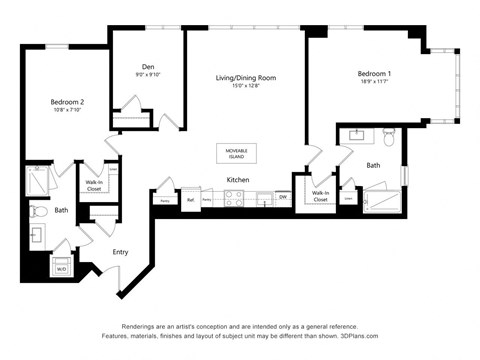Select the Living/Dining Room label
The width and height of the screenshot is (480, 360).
(x=246, y=77)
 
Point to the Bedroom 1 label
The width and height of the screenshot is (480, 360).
(x=376, y=74)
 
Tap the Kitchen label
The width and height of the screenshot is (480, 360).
(x=237, y=180)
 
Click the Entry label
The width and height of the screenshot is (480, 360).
(x=120, y=252)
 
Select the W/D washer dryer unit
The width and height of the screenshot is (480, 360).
(x=62, y=268)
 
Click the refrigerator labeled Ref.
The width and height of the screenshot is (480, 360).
(x=191, y=200)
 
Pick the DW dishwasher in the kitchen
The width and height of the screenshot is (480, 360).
(x=283, y=198)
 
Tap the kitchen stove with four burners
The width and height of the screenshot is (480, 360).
(x=233, y=199)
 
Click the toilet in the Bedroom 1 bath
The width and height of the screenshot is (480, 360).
(x=389, y=136)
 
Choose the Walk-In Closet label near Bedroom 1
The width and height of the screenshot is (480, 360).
(x=320, y=197)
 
